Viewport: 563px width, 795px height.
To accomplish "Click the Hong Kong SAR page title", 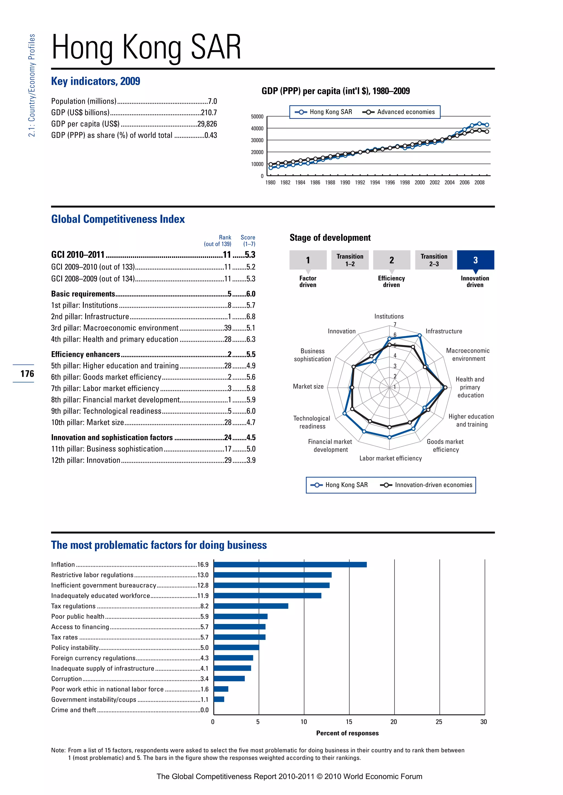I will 146,47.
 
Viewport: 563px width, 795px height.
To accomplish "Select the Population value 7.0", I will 212,102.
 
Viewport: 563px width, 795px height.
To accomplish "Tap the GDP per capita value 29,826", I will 207,124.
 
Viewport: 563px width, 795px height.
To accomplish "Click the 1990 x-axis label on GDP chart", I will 345,183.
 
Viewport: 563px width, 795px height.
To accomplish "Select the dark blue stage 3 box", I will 475,260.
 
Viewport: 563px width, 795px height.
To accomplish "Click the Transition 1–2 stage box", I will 350,260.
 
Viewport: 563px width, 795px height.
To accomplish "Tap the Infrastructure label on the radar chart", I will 443,331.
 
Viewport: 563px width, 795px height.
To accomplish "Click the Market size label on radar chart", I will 308,387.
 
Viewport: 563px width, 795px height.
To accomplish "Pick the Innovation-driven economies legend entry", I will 427,485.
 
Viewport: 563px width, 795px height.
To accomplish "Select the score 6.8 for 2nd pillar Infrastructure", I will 251,317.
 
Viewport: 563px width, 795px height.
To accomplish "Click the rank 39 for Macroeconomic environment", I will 228,328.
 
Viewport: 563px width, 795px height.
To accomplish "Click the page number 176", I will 27,374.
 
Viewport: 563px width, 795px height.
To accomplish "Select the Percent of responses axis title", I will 347,733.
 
